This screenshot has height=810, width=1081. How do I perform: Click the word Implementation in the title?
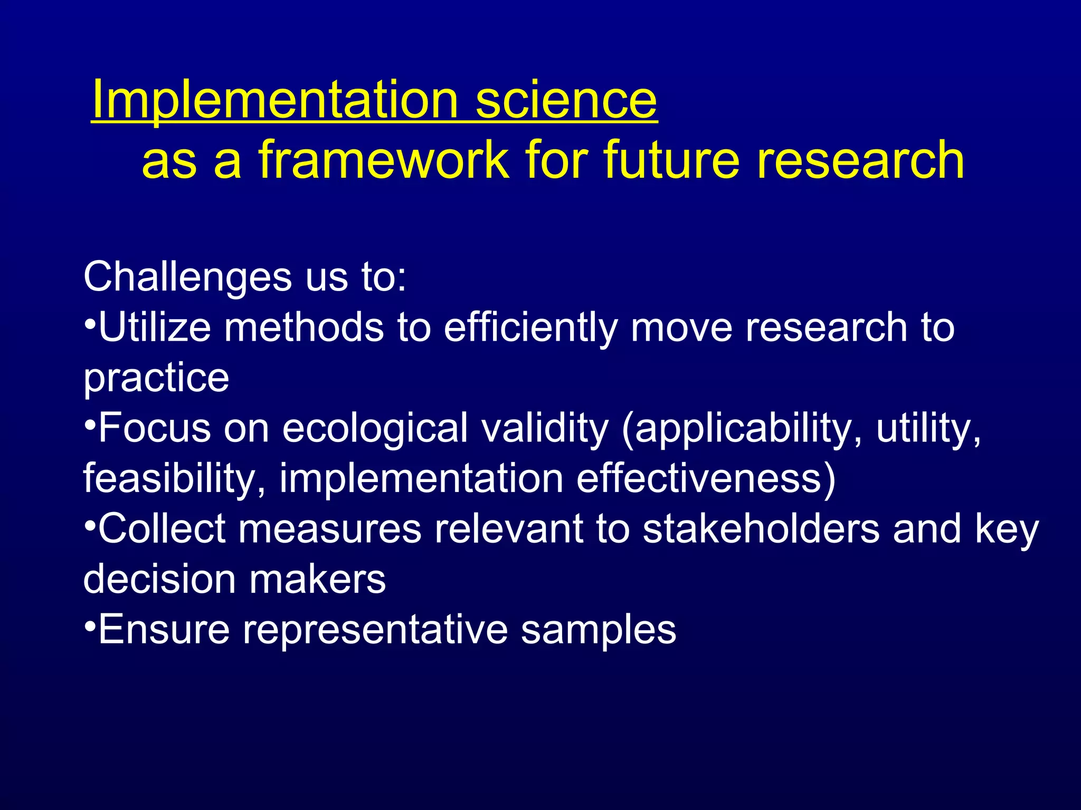coord(274,100)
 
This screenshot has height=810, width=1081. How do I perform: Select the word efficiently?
coord(530,327)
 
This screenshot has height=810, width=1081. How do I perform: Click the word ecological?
coord(375,428)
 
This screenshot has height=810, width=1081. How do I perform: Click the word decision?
coord(159,579)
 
